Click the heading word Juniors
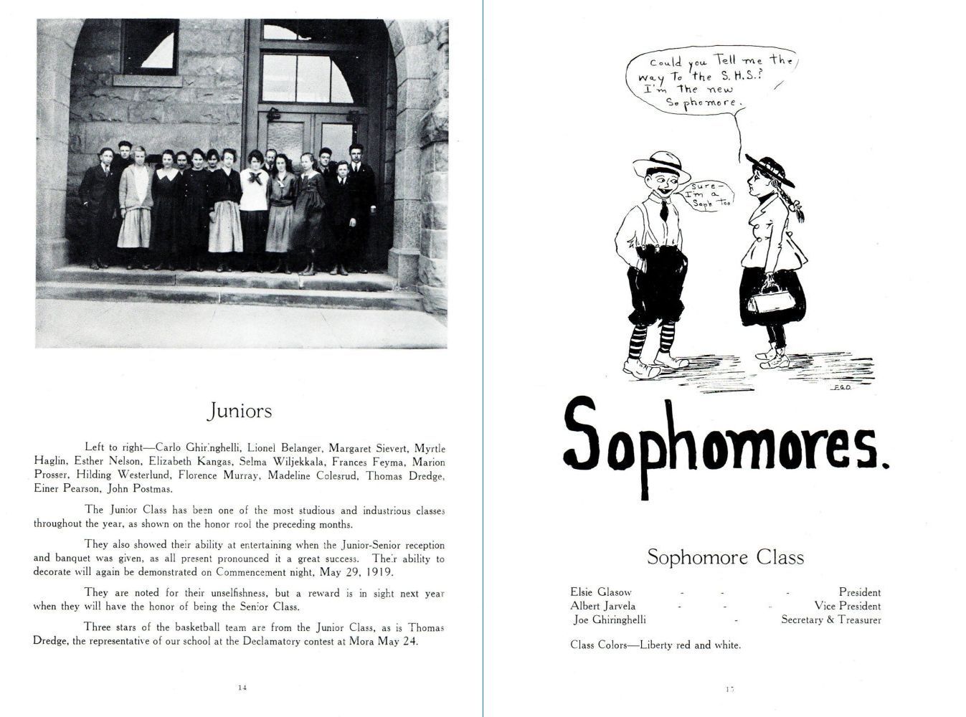pos(240,411)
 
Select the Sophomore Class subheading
pos(725,557)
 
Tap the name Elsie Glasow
pos(601,592)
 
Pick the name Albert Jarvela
pos(602,606)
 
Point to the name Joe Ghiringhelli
pos(610,619)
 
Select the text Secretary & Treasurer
pos(830,619)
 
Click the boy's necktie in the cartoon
pos(666,209)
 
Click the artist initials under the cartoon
pos(842,387)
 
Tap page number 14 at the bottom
pos(242,687)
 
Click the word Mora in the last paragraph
pos(356,641)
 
